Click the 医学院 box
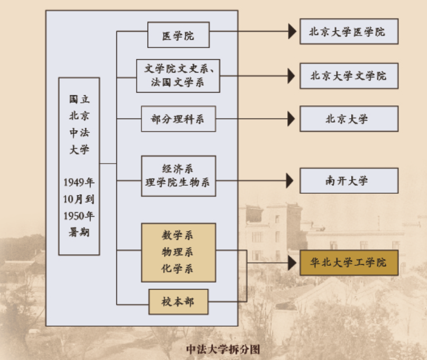pyautogui.click(x=178, y=35)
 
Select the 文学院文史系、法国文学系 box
pyautogui.click(x=178, y=75)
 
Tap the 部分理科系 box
pyautogui.click(x=178, y=119)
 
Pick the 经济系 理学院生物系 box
pyautogui.click(x=178, y=176)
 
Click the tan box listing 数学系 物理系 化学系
pyautogui.click(x=178, y=253)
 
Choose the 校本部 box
pyautogui.click(x=178, y=302)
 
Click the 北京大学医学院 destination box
pyautogui.click(x=349, y=32)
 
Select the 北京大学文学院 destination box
pyautogui.click(x=349, y=76)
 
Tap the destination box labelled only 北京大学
pyautogui.click(x=349, y=119)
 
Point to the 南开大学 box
pyautogui.click(x=349, y=181)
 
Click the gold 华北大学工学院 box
pyautogui.click(x=349, y=263)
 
